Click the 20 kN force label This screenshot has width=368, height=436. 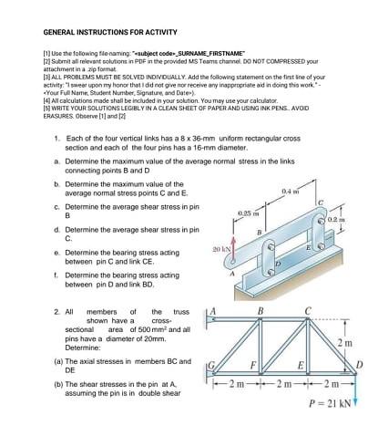(x=220, y=249)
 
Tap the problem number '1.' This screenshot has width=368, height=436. (x=57, y=138)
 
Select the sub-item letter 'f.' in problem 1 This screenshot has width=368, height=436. (x=56, y=274)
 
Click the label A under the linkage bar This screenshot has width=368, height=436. (x=231, y=273)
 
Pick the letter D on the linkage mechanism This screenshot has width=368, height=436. (x=277, y=265)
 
